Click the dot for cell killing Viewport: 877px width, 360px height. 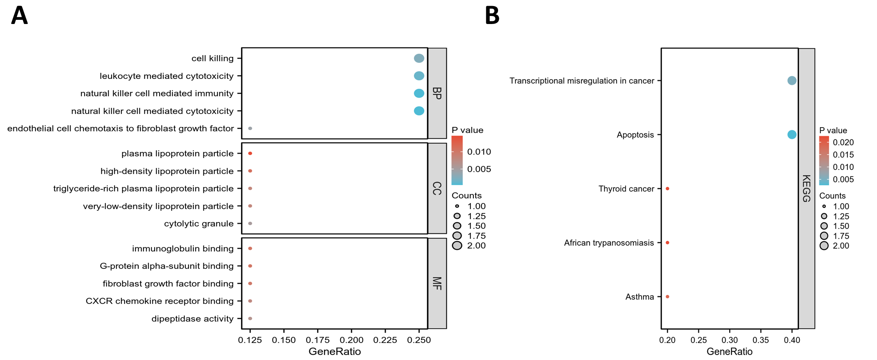coord(419,58)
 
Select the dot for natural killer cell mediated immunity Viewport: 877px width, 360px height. coord(419,93)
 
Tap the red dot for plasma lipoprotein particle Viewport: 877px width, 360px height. coord(250,154)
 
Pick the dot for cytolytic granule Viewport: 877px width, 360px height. coord(250,224)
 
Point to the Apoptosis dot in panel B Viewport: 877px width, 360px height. coord(792,134)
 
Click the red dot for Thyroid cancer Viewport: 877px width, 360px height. coord(668,189)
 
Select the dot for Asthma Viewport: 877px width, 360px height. coord(668,297)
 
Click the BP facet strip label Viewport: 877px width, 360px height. coord(437,93)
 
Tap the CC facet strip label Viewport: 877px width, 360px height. coord(437,189)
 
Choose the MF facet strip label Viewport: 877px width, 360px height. coord(437,283)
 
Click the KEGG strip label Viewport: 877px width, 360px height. coord(807,189)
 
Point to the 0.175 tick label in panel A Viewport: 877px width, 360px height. coord(318,340)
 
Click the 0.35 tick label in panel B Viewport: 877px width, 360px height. coord(760,340)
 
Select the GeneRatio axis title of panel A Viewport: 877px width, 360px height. coord(334,352)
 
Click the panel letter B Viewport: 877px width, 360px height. coord(492,16)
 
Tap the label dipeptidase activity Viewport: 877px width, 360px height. coord(192,319)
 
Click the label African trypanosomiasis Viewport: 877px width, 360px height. coord(609,243)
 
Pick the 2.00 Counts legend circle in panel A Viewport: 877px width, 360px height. coord(457,246)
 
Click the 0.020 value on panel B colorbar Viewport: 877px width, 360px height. coord(843,142)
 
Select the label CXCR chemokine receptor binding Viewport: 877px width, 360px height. coord(160,301)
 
